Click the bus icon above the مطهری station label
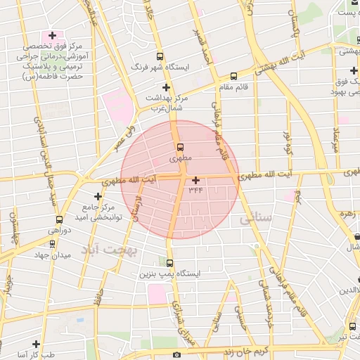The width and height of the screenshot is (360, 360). tap(181, 148)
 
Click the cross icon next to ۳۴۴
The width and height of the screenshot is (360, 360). tap(195, 181)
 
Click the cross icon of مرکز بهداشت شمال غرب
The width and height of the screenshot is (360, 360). tap(166, 86)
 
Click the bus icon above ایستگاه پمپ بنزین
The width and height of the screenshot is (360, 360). tap(169, 263)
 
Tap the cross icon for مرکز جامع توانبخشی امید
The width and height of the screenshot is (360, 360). tap(98, 195)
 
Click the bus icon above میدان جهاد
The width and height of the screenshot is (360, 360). tap(59, 219)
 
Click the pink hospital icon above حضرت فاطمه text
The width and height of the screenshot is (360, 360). tap(51, 35)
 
